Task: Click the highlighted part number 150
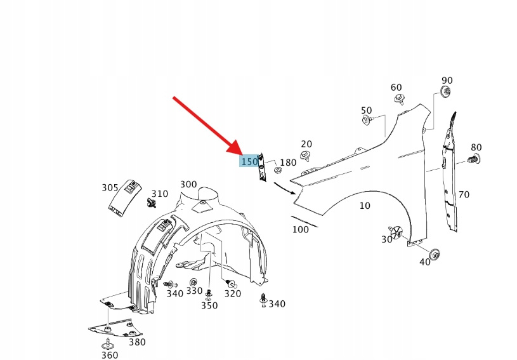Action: [x=249, y=162]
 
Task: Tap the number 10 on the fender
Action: [x=365, y=206]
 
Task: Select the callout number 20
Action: [x=306, y=144]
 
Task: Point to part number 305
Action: [x=110, y=187]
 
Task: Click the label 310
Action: [x=160, y=194]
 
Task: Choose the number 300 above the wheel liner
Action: [x=188, y=184]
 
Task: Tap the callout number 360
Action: [x=110, y=354]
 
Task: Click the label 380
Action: [x=137, y=342]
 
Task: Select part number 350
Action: [x=209, y=305]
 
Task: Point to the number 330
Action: [x=194, y=291]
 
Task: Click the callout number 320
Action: [x=233, y=293]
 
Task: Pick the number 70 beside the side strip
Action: [x=464, y=194]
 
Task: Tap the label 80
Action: [x=476, y=147]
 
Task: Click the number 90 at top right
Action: [x=447, y=80]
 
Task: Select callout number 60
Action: [x=396, y=88]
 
